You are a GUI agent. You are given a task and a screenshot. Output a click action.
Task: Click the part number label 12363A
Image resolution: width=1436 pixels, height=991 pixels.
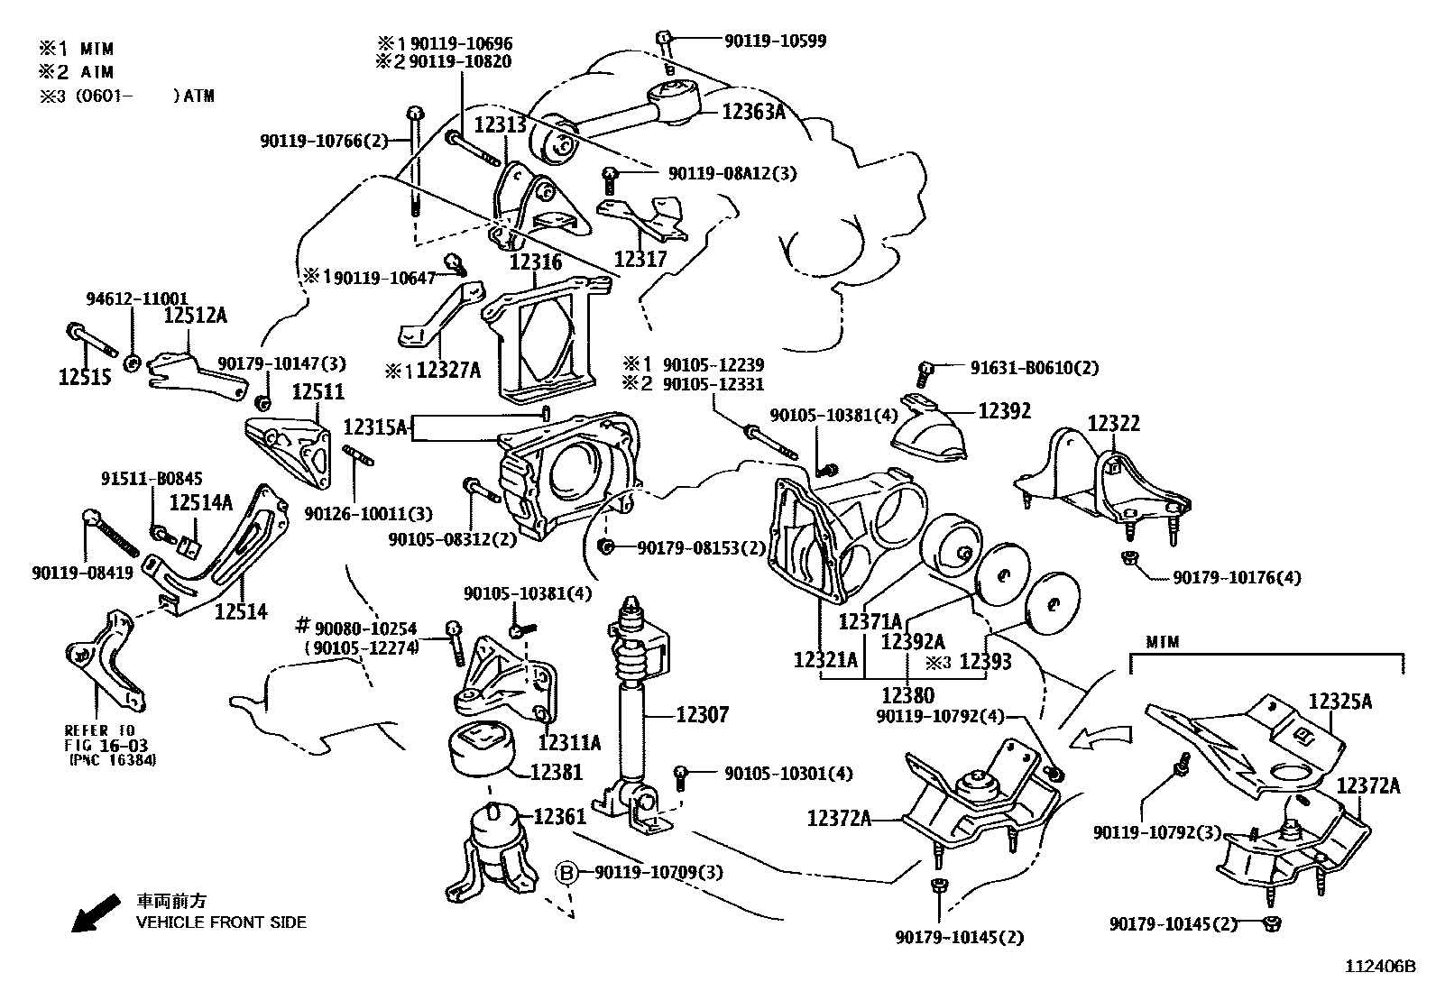753,112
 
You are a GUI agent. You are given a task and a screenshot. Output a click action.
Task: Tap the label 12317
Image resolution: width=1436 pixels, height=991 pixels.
640,260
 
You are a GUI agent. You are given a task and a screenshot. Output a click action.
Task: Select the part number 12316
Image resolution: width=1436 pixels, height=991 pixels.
536,262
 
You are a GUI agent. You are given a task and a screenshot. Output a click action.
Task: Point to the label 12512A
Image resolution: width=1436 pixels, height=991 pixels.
196,315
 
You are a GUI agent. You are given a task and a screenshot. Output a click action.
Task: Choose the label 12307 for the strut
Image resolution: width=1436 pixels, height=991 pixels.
703,715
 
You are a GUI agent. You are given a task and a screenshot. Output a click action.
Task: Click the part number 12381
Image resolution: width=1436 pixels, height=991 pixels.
557,772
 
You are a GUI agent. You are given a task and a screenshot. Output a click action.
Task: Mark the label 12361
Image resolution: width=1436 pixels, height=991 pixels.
560,816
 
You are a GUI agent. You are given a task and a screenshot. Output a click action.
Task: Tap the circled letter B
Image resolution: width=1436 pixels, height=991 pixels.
566,872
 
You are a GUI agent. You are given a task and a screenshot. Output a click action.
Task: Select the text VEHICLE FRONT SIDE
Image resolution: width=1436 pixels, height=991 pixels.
221,922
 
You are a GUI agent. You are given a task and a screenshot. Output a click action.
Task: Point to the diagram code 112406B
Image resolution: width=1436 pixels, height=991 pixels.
1381,967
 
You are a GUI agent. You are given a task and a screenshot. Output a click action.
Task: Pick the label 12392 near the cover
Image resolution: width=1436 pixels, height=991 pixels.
1004,411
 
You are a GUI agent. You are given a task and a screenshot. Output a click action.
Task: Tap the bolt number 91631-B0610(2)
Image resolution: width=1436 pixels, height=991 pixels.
1035,368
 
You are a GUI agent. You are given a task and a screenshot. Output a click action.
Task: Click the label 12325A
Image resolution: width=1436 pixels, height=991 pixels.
1341,702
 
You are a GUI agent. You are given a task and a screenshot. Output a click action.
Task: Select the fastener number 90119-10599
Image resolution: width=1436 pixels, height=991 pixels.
775,41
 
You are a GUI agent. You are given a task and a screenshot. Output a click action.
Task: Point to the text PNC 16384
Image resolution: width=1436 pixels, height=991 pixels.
114,760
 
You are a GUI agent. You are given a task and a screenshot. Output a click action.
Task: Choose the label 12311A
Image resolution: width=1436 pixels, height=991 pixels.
569,743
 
